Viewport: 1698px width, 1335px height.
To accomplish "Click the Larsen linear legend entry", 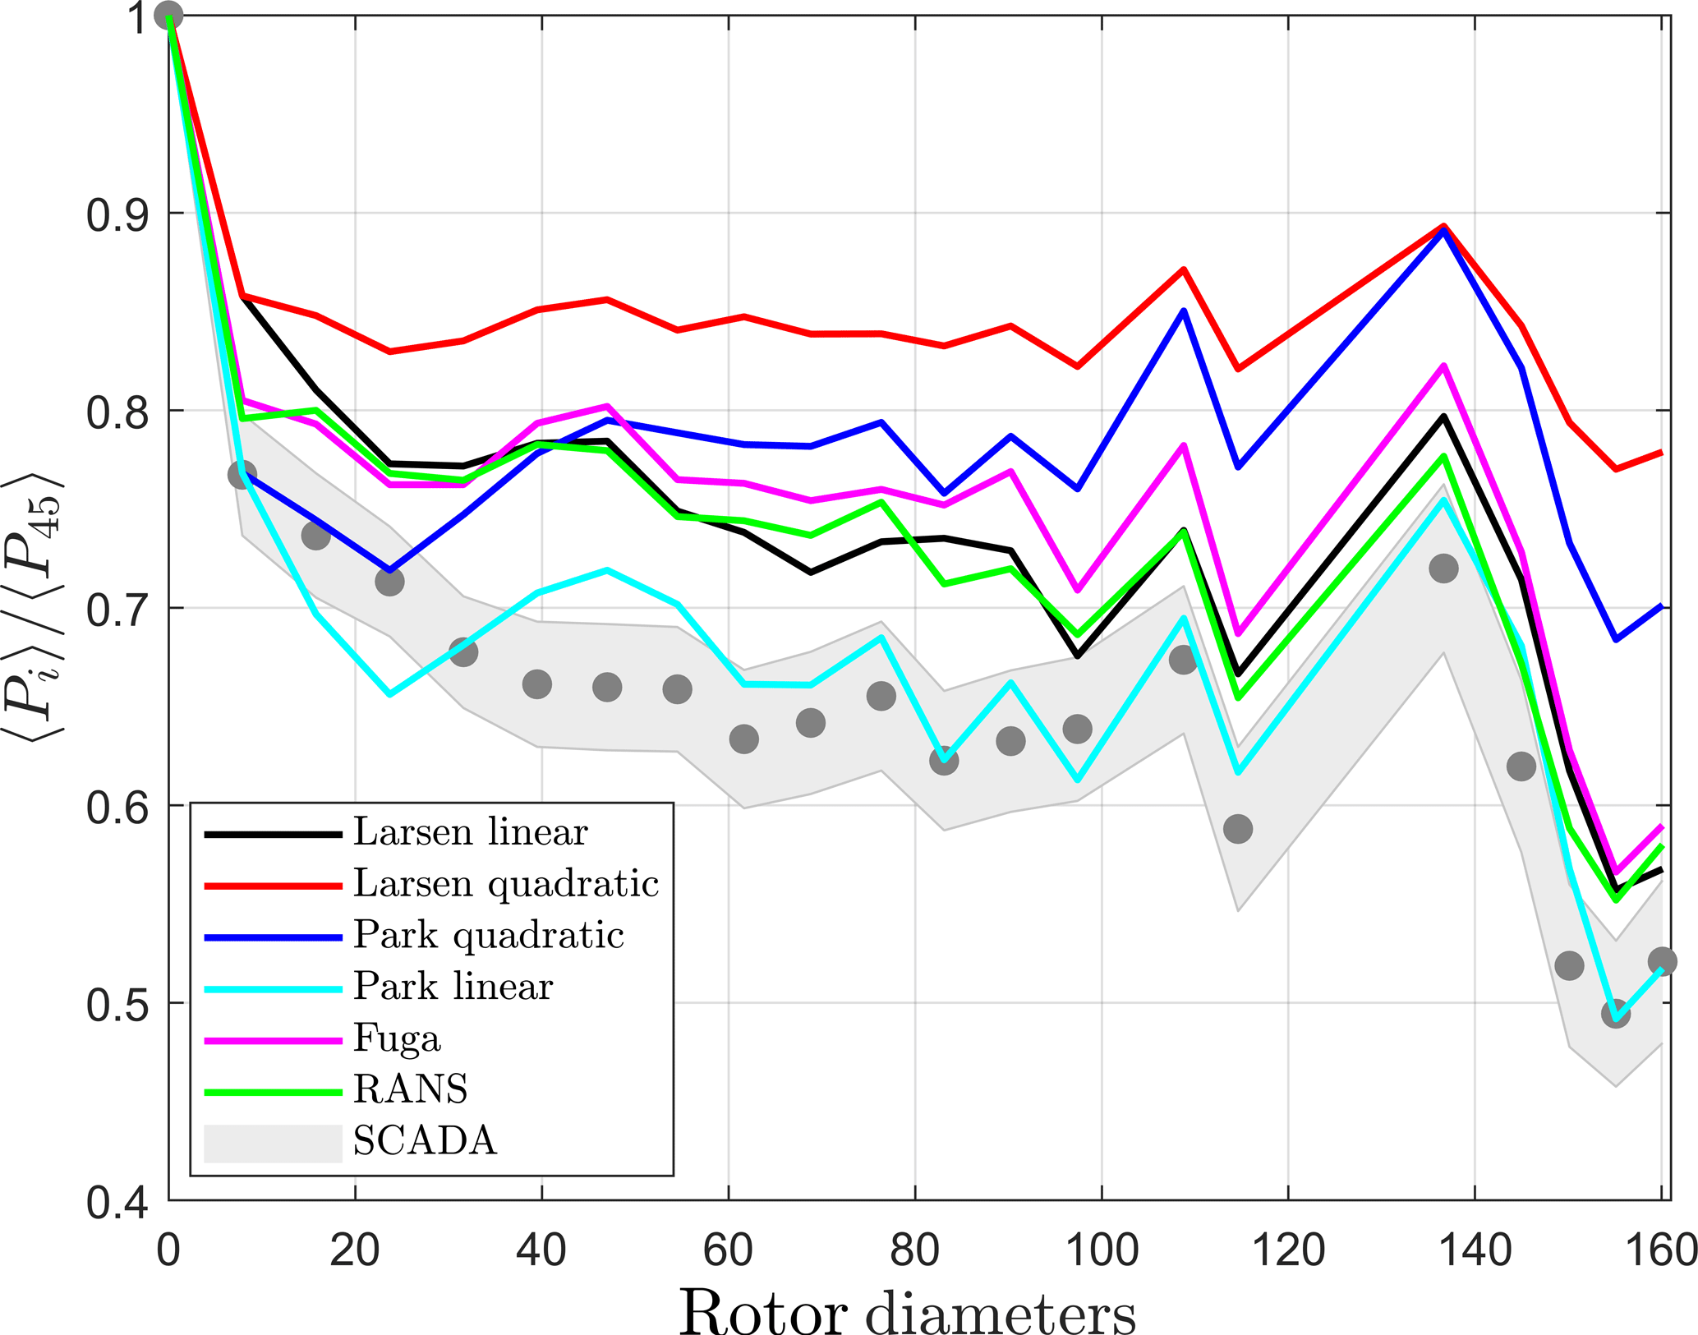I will (x=470, y=833).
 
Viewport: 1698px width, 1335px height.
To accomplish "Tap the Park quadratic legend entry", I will (x=488, y=936).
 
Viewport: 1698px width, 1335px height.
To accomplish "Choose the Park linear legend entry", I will (x=453, y=987).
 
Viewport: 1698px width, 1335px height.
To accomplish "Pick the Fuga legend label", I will (x=397, y=1038).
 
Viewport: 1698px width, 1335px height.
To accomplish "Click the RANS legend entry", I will (x=410, y=1089).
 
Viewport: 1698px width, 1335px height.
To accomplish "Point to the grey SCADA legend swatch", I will (x=273, y=1143).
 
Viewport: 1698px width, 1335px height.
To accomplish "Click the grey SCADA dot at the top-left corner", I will (x=168, y=16).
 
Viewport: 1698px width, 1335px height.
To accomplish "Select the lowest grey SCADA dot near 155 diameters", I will (x=1616, y=1014).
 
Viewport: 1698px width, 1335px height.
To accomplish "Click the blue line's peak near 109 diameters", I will (x=1183, y=311).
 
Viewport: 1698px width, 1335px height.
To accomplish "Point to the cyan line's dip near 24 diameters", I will (x=389, y=695).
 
